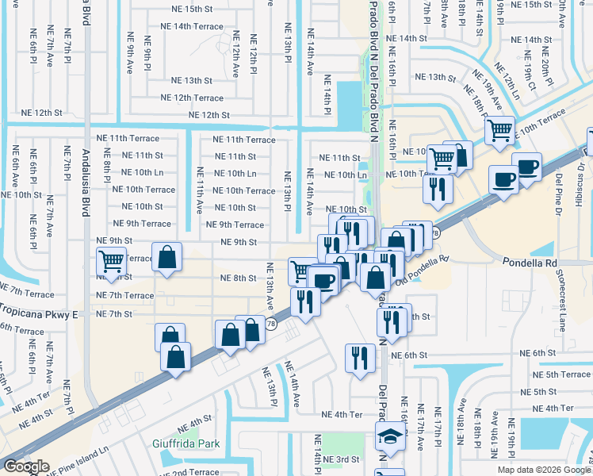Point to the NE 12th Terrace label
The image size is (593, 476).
tap(192, 98)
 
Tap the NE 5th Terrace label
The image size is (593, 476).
tap(562, 374)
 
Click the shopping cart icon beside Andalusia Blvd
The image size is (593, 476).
tap(112, 260)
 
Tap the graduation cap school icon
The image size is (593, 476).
tap(389, 436)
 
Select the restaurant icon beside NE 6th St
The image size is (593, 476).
tap(360, 357)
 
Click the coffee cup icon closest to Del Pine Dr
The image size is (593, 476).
tap(526, 167)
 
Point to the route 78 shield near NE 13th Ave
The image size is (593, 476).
tap(271, 324)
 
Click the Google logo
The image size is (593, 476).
tap(25, 467)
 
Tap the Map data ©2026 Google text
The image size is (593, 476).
tap(543, 470)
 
